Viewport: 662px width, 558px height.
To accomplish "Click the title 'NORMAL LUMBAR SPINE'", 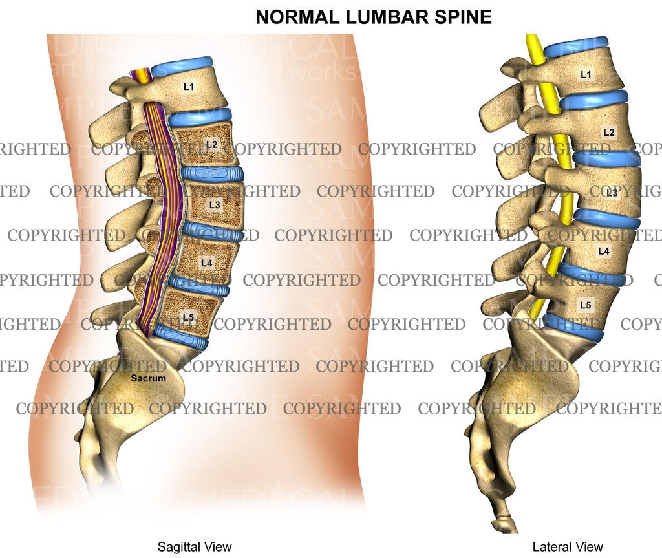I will pos(374,17).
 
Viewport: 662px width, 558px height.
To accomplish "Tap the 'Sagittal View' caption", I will pos(195,547).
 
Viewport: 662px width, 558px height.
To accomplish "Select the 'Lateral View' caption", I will pos(568,547).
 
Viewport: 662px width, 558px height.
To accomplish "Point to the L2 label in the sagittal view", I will pos(211,144).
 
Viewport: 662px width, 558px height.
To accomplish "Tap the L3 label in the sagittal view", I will pos(215,204).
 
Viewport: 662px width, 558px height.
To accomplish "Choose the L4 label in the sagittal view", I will pos(206,263).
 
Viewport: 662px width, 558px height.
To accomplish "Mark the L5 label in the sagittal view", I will pos(188,316).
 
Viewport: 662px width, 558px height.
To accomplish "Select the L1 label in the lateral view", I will pos(586,74).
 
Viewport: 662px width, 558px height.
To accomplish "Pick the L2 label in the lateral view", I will pos(608,132).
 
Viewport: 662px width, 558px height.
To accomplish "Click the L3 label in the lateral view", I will pos(612,192).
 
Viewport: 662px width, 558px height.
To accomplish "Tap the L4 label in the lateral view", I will pos(604,250).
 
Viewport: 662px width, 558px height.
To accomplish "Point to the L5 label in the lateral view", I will pos(585,304).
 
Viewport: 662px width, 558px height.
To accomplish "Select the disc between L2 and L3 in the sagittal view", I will pos(212,173).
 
